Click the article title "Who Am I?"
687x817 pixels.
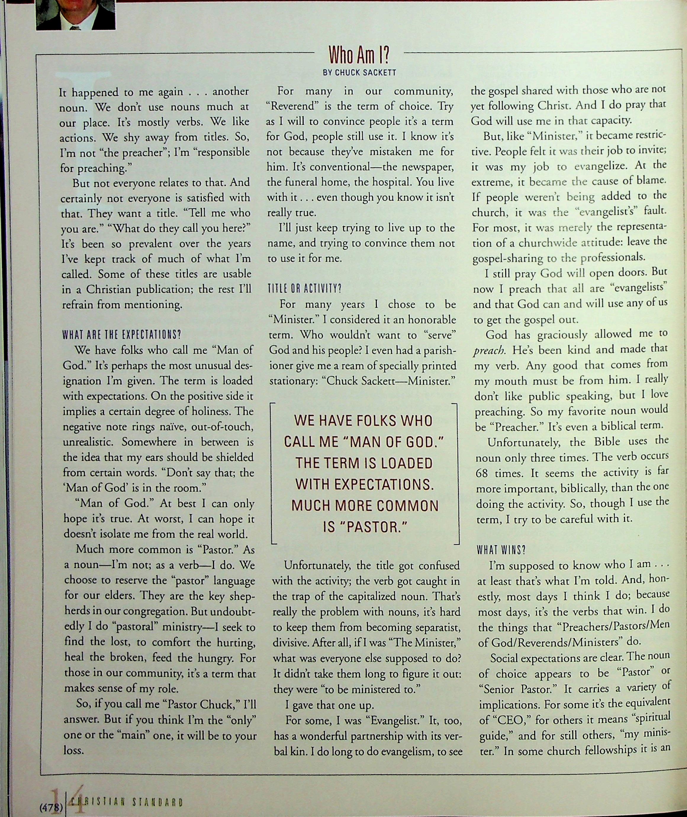pos(359,55)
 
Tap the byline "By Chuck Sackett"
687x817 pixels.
pos(359,72)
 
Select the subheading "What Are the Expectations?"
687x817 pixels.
pos(122,335)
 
